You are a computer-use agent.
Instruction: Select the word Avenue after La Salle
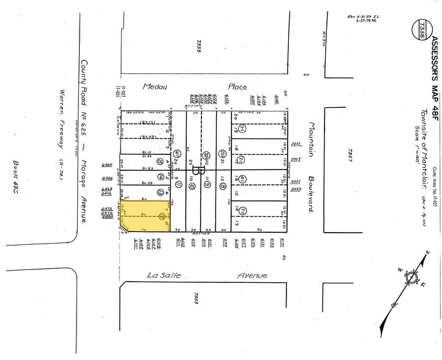252,276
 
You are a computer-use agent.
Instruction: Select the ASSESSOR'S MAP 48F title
433,68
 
